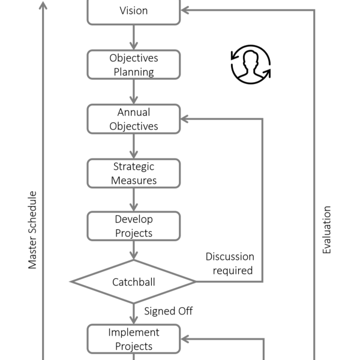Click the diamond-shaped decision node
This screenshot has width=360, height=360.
(x=133, y=281)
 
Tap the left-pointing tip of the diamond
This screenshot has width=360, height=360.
(x=71, y=281)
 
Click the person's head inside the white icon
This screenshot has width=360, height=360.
(x=251, y=59)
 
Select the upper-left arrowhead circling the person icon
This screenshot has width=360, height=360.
(x=235, y=55)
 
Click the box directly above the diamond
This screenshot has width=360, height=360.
(x=133, y=226)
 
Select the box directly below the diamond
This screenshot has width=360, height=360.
(x=133, y=339)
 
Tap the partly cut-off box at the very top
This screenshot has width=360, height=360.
(x=133, y=11)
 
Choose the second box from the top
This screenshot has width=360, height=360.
(x=133, y=65)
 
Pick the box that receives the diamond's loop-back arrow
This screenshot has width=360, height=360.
(x=133, y=119)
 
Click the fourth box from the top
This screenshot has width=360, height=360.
(x=133, y=173)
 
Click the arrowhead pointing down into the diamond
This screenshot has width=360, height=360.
(x=133, y=254)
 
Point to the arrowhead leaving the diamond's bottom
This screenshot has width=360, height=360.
(x=133, y=319)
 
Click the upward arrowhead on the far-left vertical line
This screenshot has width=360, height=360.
(x=43, y=5)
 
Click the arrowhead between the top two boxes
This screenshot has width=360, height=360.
(x=133, y=45)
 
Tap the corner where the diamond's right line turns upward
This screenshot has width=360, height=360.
(x=263, y=281)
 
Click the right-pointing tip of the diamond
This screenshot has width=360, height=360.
(x=195, y=281)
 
